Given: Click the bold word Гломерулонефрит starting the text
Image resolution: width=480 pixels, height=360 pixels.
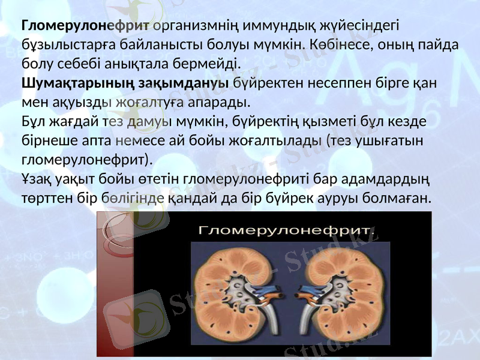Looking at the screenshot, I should pyautogui.click(x=85, y=26).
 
